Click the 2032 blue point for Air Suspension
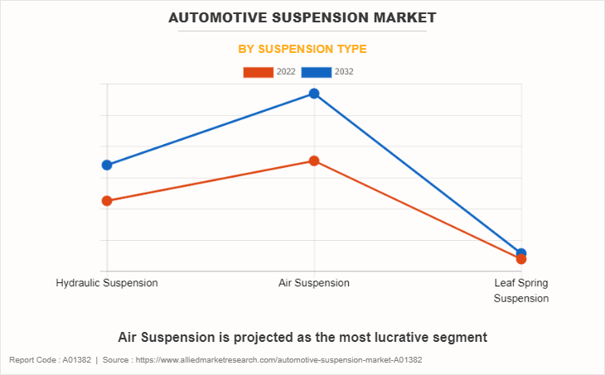coord(314,94)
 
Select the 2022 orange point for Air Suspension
coord(314,161)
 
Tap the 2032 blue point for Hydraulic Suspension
coord(107,165)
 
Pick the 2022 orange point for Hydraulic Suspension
coord(107,200)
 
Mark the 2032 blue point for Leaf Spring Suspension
coord(521,252)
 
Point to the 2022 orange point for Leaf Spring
coord(521,259)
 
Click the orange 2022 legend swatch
coord(258,72)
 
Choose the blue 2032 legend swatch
coord(317,72)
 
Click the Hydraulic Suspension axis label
coord(107,283)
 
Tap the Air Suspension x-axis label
coord(314,283)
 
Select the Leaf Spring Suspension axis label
coord(521,291)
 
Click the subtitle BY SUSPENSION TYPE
coord(302,49)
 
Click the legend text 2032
coord(344,72)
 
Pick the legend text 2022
coord(286,72)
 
